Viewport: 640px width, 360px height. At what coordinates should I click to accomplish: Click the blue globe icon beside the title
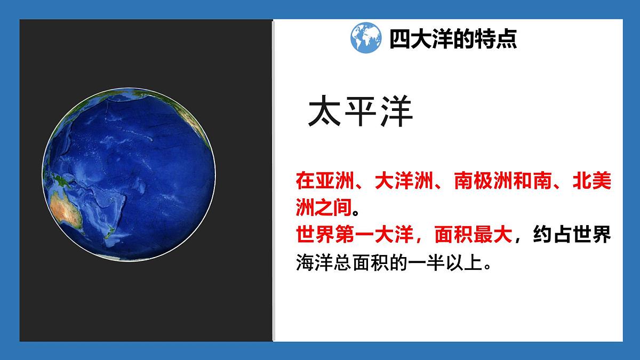(365, 37)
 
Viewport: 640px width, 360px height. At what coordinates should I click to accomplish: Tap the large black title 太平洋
(361, 112)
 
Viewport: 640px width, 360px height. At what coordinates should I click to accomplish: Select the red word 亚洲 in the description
(335, 181)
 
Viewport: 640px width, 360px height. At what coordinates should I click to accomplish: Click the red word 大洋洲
(403, 181)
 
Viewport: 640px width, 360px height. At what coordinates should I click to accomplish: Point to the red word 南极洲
(483, 181)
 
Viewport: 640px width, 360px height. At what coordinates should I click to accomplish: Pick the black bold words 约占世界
(572, 235)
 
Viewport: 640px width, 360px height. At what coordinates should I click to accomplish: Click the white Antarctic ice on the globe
(128, 258)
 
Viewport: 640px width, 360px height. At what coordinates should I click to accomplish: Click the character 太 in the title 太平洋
(324, 112)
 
